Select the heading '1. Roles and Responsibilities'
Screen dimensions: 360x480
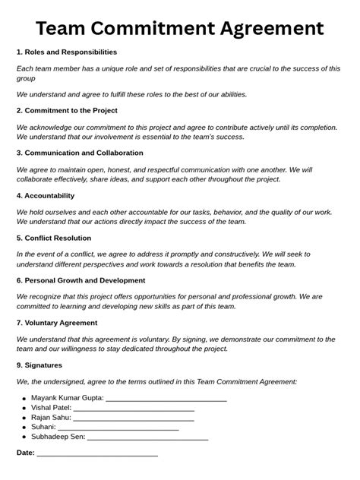(x=67, y=52)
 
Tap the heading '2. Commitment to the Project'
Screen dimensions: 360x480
(x=67, y=110)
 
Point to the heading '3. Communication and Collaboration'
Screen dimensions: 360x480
(x=80, y=153)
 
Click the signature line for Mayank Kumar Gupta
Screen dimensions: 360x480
(x=166, y=399)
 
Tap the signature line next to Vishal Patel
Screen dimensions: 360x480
(x=134, y=409)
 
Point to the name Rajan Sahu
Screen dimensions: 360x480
(x=51, y=418)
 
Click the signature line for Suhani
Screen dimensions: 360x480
(x=118, y=428)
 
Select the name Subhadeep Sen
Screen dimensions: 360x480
(x=58, y=437)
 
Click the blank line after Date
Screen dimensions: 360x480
(x=97, y=454)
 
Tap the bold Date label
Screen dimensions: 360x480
(x=25, y=453)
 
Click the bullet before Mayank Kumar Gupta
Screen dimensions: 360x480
(x=24, y=399)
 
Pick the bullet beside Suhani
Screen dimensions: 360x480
(x=24, y=428)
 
